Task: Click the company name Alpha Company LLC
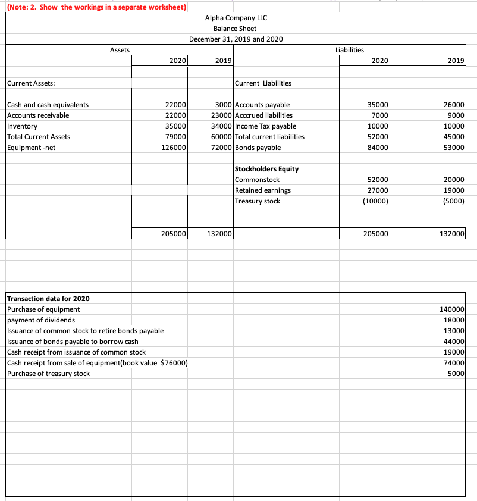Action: [236, 17]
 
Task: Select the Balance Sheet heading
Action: [236, 28]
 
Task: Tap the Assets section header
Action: [120, 51]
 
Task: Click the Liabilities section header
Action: [350, 51]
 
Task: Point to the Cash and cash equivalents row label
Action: [48, 105]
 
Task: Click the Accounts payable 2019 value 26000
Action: [454, 105]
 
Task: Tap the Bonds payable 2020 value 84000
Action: [378, 148]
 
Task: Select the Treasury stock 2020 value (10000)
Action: [376, 201]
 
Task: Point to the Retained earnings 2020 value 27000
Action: [378, 190]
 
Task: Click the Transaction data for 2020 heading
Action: [48, 299]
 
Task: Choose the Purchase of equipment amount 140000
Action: [452, 309]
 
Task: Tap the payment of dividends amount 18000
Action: [454, 320]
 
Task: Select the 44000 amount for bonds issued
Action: [454, 342]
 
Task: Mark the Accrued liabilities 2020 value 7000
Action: [380, 115]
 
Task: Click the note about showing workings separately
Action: [95, 7]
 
